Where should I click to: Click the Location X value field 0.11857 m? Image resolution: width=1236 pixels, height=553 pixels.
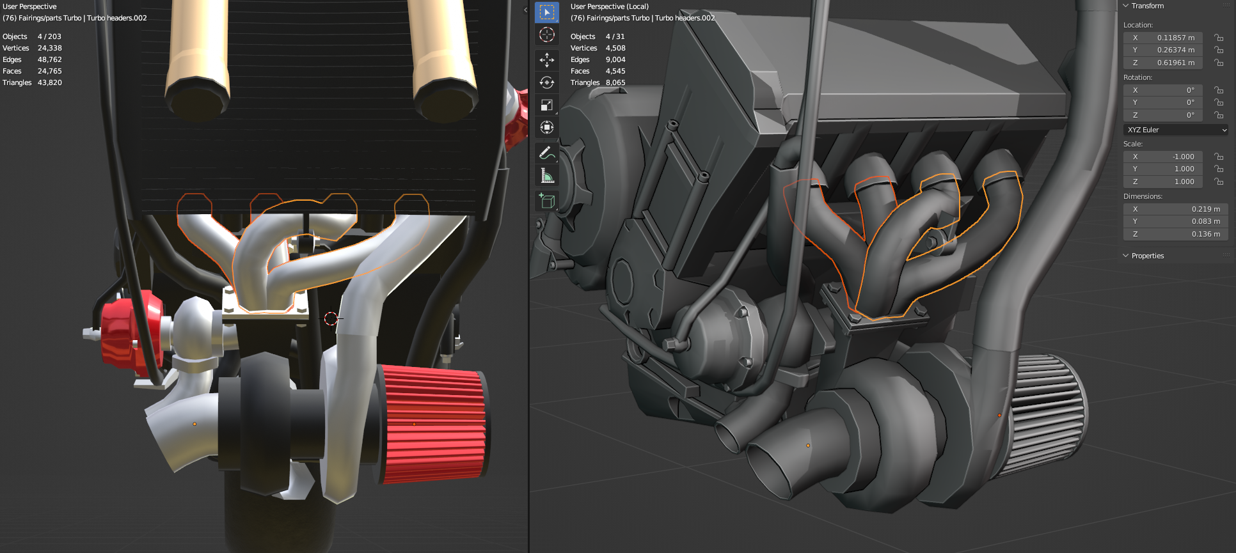click(x=1162, y=38)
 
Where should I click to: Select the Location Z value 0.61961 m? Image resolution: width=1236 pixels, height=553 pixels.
click(x=1162, y=63)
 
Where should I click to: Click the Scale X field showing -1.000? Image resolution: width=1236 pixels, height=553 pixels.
click(x=1162, y=157)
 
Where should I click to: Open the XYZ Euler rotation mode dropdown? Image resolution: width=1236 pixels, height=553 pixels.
click(x=1176, y=130)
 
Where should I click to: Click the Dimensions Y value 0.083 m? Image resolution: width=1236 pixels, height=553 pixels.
click(x=1175, y=221)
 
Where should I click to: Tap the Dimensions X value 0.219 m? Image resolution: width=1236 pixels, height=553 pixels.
click(x=1175, y=209)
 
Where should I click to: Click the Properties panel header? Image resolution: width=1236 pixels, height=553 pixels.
click(x=1148, y=256)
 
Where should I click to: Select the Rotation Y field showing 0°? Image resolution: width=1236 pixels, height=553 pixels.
click(x=1162, y=102)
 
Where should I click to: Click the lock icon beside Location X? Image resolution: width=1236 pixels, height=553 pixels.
click(x=1219, y=38)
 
